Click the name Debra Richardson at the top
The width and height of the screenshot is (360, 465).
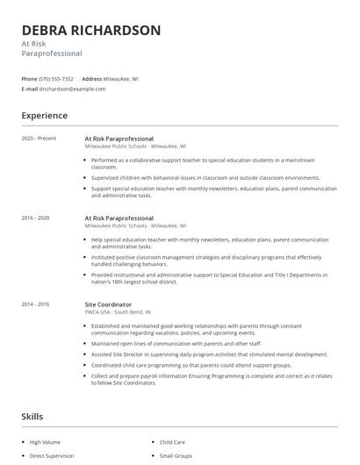click(x=91, y=30)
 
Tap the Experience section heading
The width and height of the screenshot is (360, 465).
click(x=44, y=115)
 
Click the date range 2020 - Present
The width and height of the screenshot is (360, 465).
click(x=39, y=139)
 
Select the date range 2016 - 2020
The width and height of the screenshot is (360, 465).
click(x=36, y=217)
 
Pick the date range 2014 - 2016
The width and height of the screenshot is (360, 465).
click(x=36, y=304)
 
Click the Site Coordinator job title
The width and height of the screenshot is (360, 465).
click(x=108, y=304)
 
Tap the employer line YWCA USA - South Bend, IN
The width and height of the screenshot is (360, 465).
click(x=118, y=311)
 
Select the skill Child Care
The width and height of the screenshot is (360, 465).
click(x=172, y=442)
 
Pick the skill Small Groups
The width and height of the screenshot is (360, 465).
click(x=176, y=456)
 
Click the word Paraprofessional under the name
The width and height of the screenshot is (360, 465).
click(x=52, y=54)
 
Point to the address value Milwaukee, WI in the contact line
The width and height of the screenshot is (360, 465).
click(x=121, y=79)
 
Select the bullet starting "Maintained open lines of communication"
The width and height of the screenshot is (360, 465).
click(x=176, y=343)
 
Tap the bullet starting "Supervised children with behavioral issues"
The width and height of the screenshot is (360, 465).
click(x=205, y=177)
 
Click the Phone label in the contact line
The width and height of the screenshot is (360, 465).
click(x=29, y=79)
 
